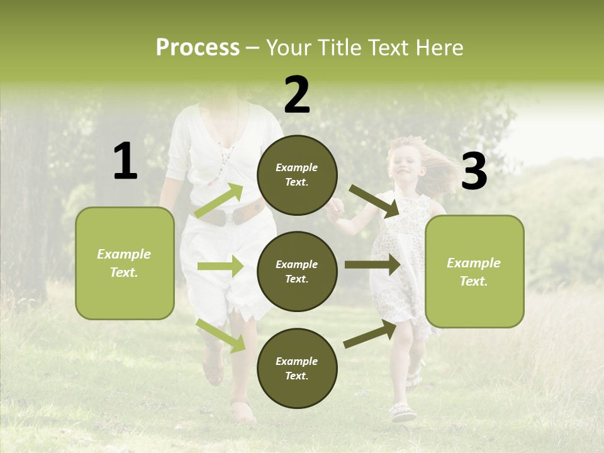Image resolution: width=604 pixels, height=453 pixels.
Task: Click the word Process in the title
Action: [198, 48]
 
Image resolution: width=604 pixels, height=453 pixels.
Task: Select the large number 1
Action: [125, 162]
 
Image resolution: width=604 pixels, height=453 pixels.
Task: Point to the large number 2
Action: [297, 95]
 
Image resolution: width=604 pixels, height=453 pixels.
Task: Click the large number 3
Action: [474, 172]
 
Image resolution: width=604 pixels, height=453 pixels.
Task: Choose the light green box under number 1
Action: [125, 263]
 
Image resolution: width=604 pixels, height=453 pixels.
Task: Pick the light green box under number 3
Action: [474, 271]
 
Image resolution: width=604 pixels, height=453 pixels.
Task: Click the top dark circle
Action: [297, 175]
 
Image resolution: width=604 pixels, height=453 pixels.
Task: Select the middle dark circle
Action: [297, 271]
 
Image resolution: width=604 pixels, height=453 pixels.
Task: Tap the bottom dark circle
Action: [297, 368]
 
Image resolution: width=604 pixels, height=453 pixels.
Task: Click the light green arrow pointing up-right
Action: [219, 201]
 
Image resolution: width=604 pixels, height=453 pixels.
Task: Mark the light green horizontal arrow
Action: [220, 266]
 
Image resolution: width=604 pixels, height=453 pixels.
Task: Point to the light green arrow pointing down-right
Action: [221, 335]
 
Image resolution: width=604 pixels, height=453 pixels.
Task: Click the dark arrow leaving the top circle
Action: [374, 201]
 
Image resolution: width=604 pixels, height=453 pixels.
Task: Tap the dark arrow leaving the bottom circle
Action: [370, 334]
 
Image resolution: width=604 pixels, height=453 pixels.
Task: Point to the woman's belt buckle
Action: [234, 216]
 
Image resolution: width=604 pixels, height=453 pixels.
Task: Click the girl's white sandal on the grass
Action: [403, 413]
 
